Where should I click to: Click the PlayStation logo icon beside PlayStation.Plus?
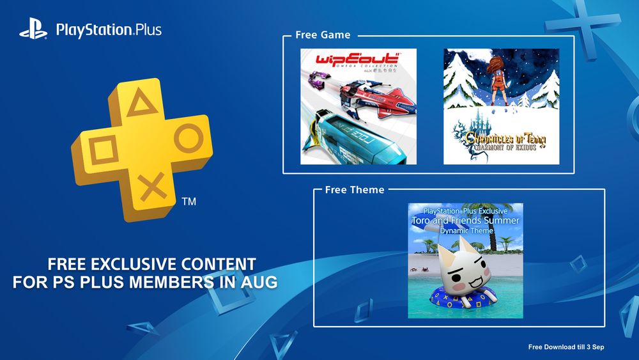[x=34, y=30]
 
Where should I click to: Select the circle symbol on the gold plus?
[x=188, y=139]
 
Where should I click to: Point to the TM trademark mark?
[x=189, y=202]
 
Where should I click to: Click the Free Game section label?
[x=323, y=35]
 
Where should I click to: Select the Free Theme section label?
[x=355, y=190]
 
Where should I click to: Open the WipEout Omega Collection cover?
[x=358, y=106]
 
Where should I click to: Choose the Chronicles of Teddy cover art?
[x=501, y=106]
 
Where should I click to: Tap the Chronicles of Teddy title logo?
[x=501, y=139]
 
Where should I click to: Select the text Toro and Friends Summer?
[x=465, y=221]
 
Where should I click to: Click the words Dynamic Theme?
[x=465, y=230]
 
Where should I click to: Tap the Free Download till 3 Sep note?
[x=566, y=347]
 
